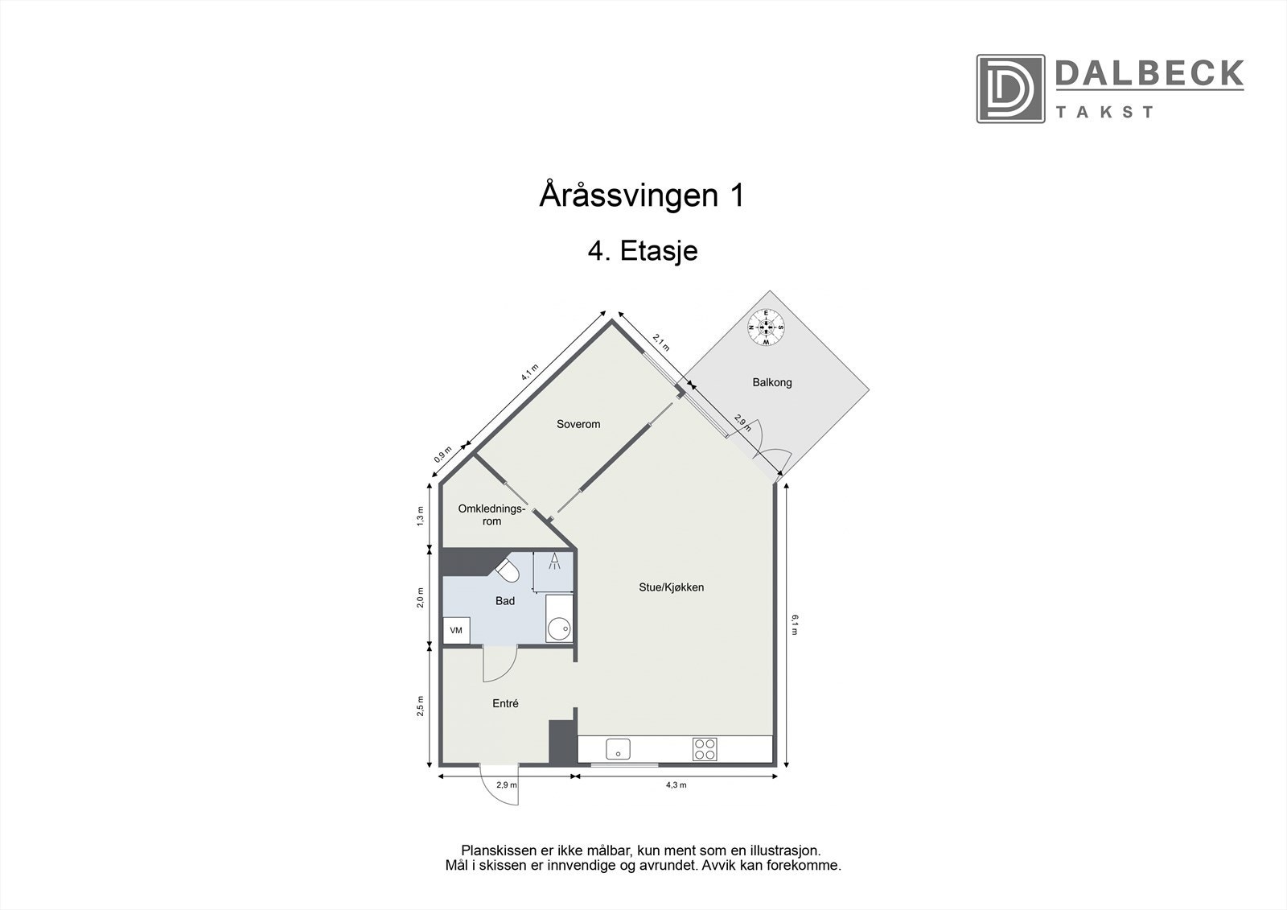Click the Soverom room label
(578, 424)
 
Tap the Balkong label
(771, 382)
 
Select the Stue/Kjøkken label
(671, 587)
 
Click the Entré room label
(505, 703)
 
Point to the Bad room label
(504, 600)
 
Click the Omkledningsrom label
(491, 515)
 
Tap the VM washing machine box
(456, 630)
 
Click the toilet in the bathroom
(508, 570)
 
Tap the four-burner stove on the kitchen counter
(705, 749)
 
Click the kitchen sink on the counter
(618, 749)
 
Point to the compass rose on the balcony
(767, 327)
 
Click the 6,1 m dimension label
(794, 624)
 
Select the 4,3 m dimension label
(676, 784)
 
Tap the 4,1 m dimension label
(528, 373)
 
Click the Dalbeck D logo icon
(1010, 89)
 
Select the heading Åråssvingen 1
(641, 196)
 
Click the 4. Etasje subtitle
(642, 251)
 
